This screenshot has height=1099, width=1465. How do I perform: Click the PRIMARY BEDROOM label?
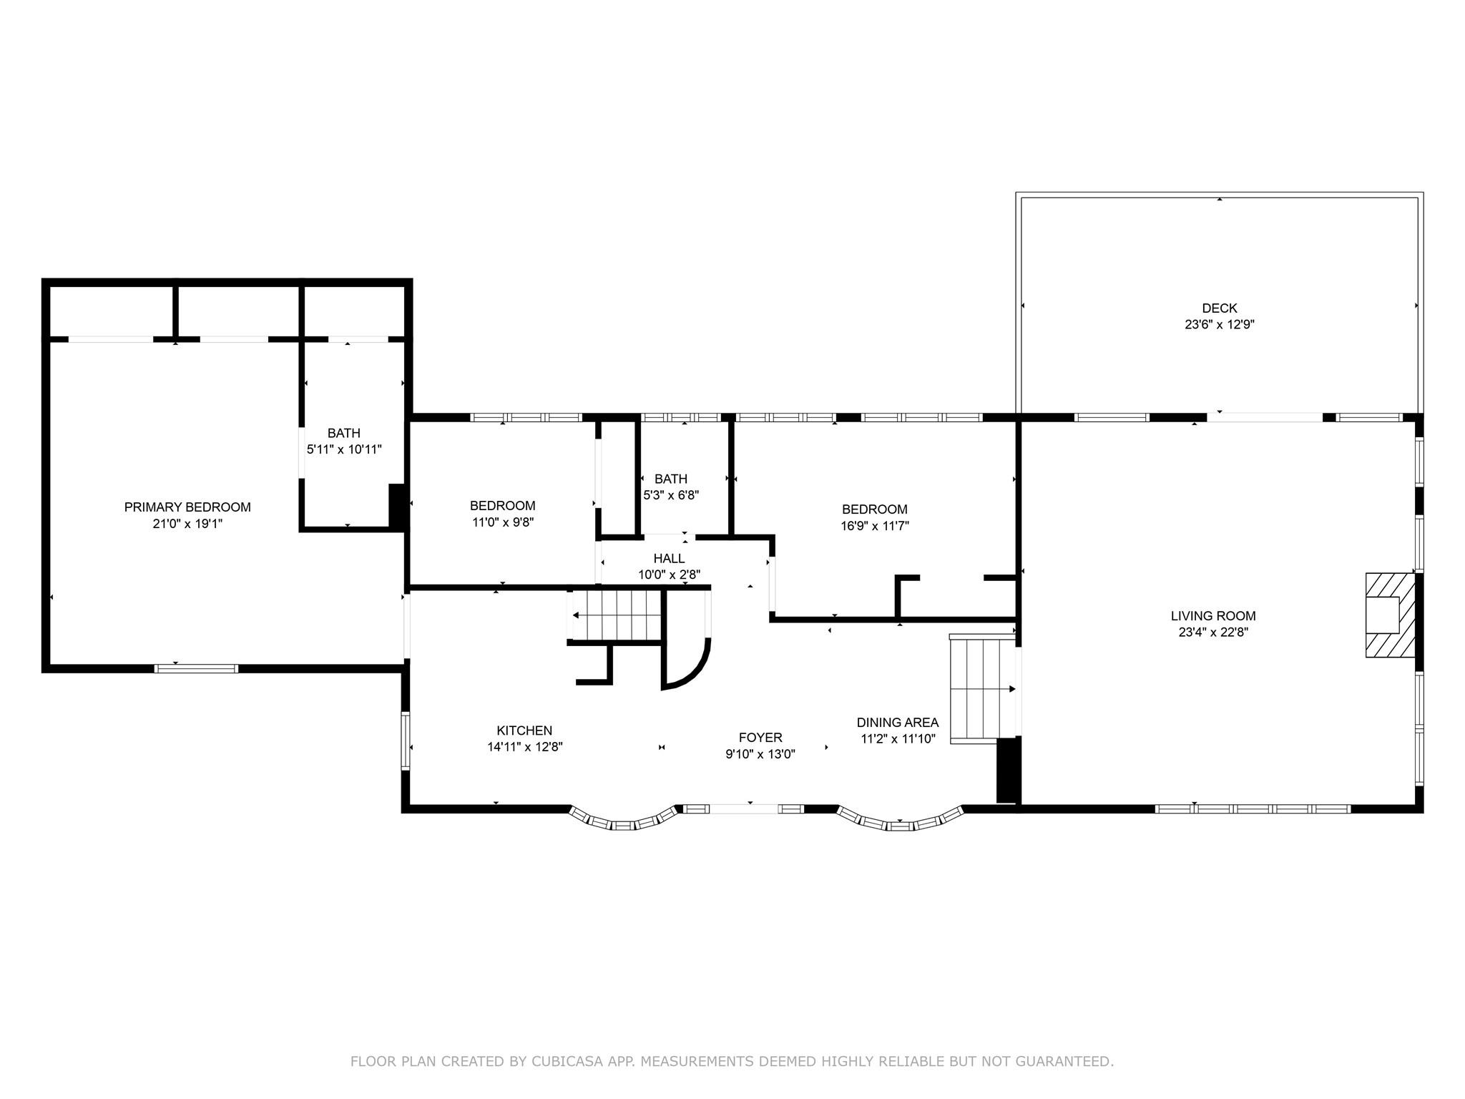(187, 507)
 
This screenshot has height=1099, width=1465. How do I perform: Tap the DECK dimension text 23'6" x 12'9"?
(1219, 324)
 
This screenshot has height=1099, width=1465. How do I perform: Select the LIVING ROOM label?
(1213, 615)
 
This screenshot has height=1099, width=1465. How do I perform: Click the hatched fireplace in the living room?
(1391, 615)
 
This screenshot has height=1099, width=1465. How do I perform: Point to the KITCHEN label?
(524, 731)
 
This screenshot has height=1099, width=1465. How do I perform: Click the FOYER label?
(760, 738)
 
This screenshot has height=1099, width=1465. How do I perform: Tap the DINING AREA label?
(898, 723)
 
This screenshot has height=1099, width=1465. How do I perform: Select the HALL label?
(669, 558)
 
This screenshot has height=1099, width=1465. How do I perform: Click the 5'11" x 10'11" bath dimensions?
(344, 449)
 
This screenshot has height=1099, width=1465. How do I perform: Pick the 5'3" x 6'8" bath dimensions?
(670, 494)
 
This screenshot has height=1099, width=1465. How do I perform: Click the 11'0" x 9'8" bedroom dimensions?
(502, 522)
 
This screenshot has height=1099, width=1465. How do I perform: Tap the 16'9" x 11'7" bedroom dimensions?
(874, 526)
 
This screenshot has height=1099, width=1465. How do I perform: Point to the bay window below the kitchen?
(622, 821)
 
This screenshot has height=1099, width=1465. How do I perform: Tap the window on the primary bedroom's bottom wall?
(196, 668)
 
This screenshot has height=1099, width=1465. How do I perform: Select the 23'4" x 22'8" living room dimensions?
(1213, 632)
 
